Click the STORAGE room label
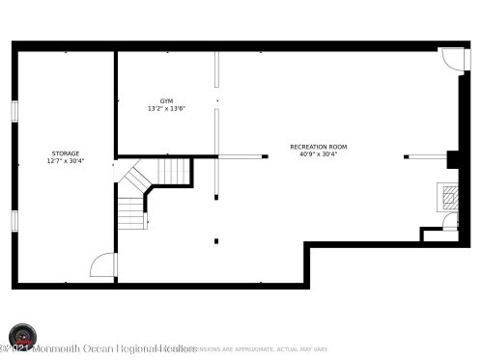point(66,153)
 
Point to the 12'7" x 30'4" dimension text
point(66,161)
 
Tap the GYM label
point(166,100)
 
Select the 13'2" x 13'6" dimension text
point(166,108)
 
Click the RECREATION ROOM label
point(318,147)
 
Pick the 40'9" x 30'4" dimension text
point(318,154)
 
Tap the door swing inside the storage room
point(103,265)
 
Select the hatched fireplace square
point(450,197)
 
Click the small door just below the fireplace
point(449,222)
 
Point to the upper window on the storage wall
point(14,110)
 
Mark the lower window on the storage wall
point(14,221)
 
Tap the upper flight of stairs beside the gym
point(173,171)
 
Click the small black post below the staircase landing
point(216,240)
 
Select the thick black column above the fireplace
point(452,160)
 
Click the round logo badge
point(22,337)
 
